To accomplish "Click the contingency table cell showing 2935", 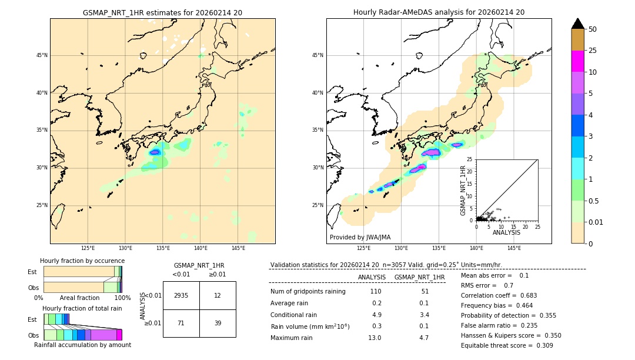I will [181, 295].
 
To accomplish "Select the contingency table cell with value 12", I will [218, 295].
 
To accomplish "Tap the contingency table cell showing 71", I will [181, 324].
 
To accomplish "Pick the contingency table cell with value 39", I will [218, 324].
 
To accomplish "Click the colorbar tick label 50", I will [593, 29].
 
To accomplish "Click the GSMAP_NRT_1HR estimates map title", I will [162, 12].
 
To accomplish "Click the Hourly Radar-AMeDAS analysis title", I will [439, 12].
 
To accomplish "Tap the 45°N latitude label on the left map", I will [42, 55].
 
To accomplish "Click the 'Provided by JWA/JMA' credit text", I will [360, 237].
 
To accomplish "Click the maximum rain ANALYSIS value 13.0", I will [374, 338].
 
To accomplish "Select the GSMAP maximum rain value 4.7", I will [423, 338].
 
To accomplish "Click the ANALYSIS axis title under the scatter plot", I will [506, 232].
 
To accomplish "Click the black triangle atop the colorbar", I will [578, 24].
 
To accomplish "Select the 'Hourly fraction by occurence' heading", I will [82, 261].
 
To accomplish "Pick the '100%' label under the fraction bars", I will [122, 298].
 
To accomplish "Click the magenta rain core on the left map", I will [155, 152].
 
